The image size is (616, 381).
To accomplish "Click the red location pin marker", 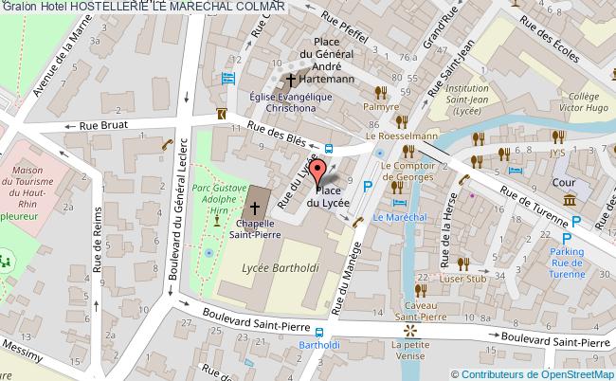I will pos(319,172).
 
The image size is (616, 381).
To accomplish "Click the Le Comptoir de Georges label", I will pos(407,171).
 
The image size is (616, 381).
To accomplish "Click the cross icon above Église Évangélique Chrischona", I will pos(291,80).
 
